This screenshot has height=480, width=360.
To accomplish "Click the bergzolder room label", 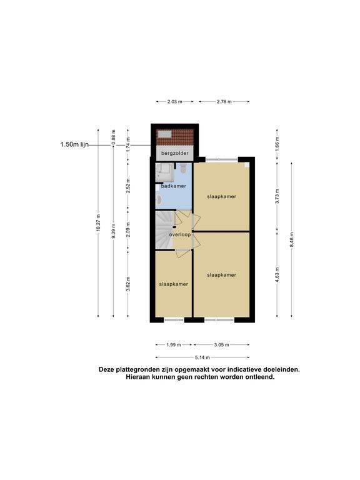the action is [175, 153].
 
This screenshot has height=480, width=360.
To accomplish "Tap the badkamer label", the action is [174, 186].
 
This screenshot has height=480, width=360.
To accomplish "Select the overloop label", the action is [180, 234].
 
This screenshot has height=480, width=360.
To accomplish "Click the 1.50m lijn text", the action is [74, 144].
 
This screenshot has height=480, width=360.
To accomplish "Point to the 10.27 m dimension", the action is [98, 222].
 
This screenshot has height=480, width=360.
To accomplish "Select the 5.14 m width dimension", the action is [202, 357].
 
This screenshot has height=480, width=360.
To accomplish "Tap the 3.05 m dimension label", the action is [221, 345].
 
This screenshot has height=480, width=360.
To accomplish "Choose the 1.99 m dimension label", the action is [174, 345].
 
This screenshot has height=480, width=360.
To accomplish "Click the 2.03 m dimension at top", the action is [175, 102].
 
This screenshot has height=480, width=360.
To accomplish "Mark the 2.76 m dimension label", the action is [224, 102].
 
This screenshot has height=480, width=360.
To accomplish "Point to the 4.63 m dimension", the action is [277, 274].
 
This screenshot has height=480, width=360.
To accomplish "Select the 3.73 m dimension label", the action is [277, 196].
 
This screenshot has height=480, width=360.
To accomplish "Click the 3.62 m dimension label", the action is [128, 284].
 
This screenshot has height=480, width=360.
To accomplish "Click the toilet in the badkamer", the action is [183, 168].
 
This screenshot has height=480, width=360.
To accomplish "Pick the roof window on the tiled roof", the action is [165, 134].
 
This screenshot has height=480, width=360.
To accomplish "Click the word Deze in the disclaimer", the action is [106, 369].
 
